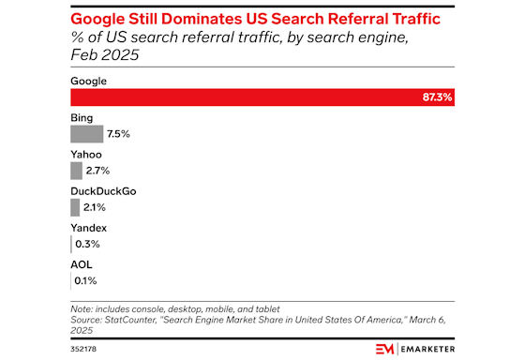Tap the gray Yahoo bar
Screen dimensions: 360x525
click(x=76, y=171)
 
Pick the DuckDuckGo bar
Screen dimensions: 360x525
click(x=75, y=207)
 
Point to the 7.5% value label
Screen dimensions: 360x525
click(x=117, y=135)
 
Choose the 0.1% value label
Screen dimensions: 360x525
click(x=85, y=279)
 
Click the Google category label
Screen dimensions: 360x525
click(x=89, y=81)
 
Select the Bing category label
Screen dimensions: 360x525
click(x=82, y=117)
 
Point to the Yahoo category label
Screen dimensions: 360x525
click(x=87, y=154)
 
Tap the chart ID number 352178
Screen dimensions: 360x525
click(x=84, y=348)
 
